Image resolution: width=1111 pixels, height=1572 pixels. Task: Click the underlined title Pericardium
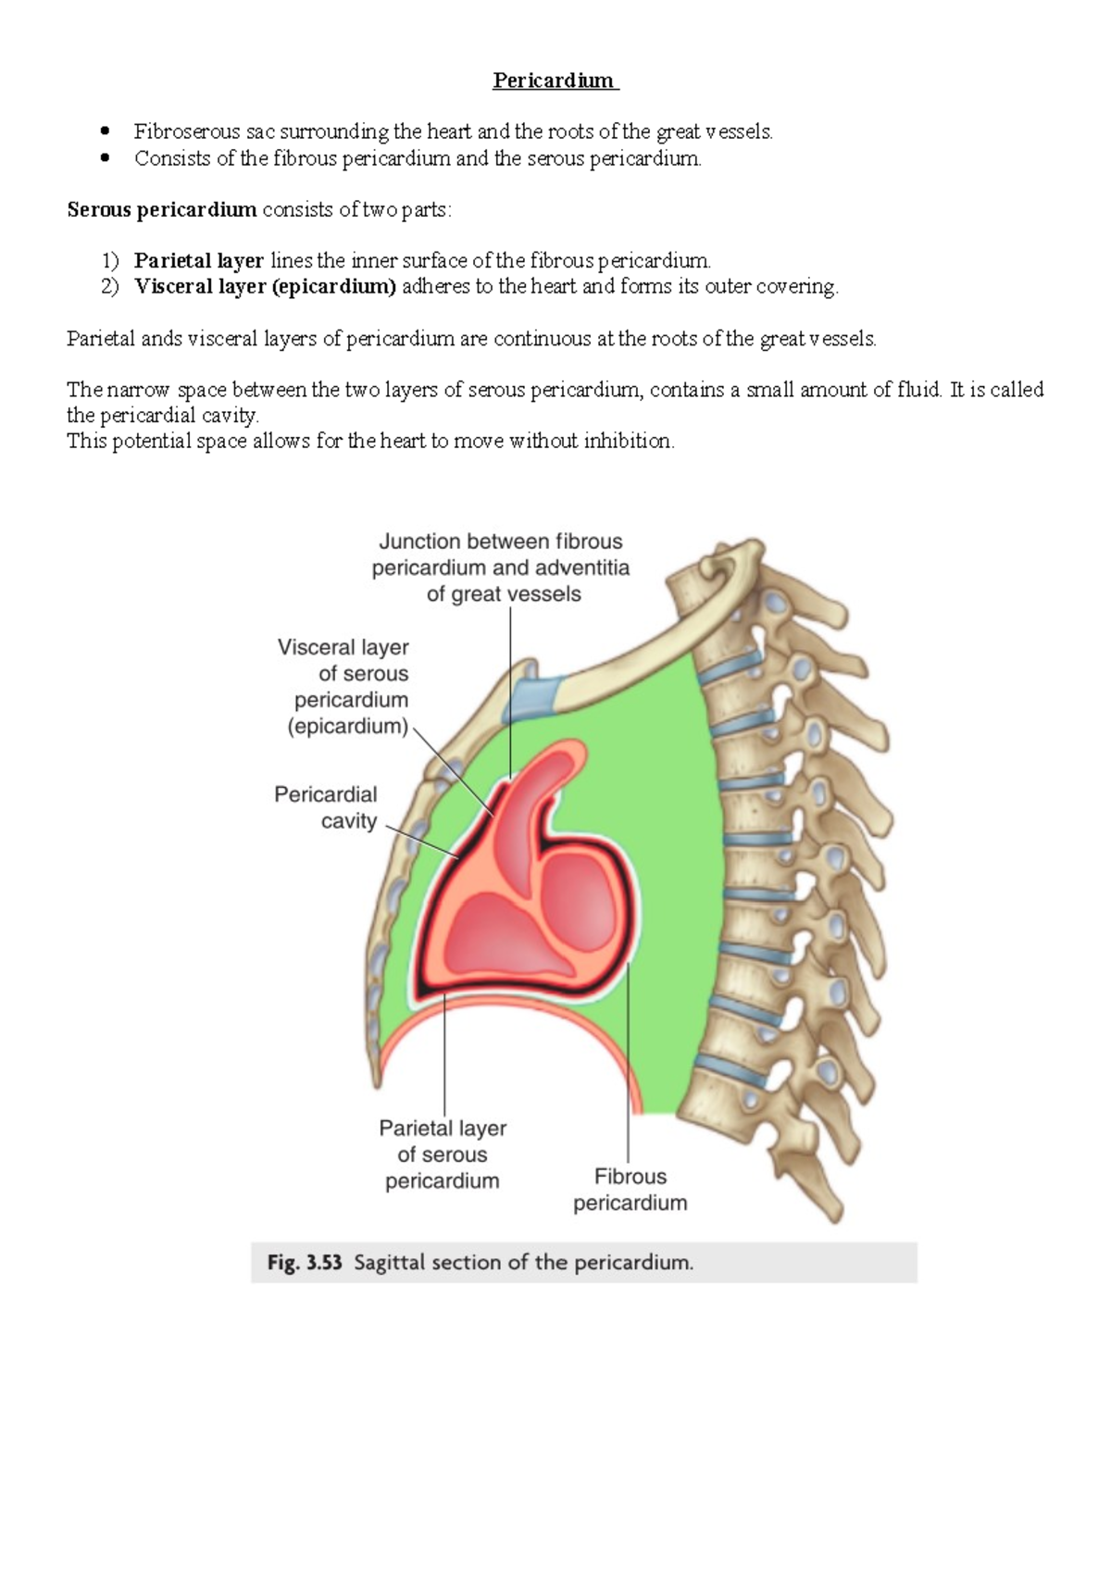pos(554,81)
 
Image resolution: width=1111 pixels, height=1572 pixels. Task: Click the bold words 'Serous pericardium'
pos(161,210)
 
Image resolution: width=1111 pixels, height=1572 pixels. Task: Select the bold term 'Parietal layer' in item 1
pos(199,261)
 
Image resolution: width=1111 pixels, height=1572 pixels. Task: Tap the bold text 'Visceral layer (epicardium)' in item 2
pos(265,287)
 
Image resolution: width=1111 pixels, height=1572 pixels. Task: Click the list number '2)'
pos(110,287)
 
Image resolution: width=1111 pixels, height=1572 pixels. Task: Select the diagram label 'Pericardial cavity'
pos(326,807)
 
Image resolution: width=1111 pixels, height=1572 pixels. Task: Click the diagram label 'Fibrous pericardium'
pos(630,1190)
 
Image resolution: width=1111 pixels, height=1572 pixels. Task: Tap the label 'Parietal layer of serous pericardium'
pos(443,1154)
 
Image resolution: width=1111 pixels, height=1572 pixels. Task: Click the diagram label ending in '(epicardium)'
pos(344,687)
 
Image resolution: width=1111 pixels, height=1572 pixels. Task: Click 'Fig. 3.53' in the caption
pos(305,1263)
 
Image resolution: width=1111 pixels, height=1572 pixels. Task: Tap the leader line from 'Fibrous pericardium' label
pos(629,1065)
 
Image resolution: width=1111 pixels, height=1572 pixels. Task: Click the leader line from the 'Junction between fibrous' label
pos(510,685)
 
